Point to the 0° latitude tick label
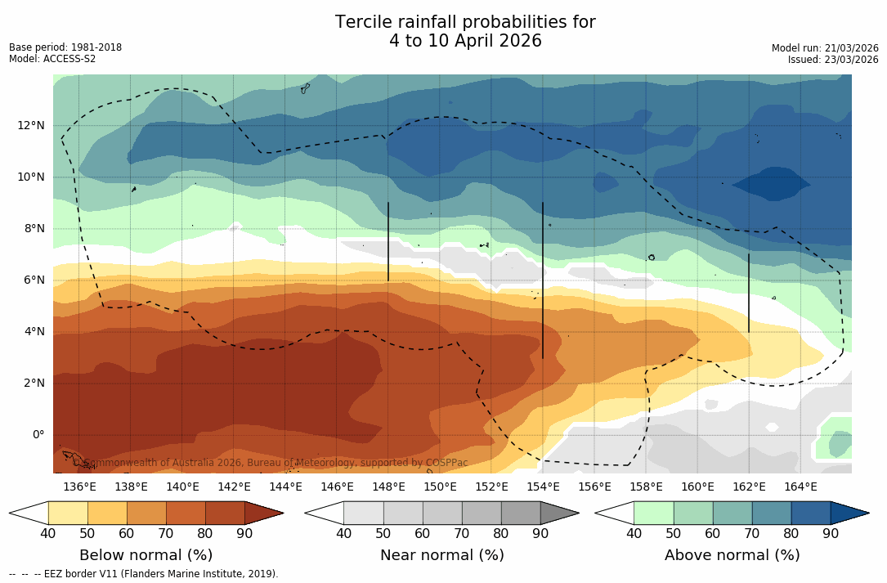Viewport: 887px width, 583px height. [38, 434]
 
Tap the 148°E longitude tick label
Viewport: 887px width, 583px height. [388, 487]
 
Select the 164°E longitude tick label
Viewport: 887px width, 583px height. [800, 487]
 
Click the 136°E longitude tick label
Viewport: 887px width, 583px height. [79, 487]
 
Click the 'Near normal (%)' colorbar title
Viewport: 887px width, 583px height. [441, 555]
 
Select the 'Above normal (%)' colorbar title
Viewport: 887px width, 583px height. [732, 555]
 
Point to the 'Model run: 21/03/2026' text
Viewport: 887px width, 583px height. [825, 48]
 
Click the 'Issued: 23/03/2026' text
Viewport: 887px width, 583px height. [833, 60]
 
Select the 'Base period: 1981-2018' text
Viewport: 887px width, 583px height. [65, 47]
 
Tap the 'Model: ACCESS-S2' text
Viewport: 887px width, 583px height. [52, 59]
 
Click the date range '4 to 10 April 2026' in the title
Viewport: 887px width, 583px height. [465, 41]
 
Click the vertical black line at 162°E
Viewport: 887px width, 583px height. [749, 293]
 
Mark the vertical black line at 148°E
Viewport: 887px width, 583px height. [388, 241]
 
